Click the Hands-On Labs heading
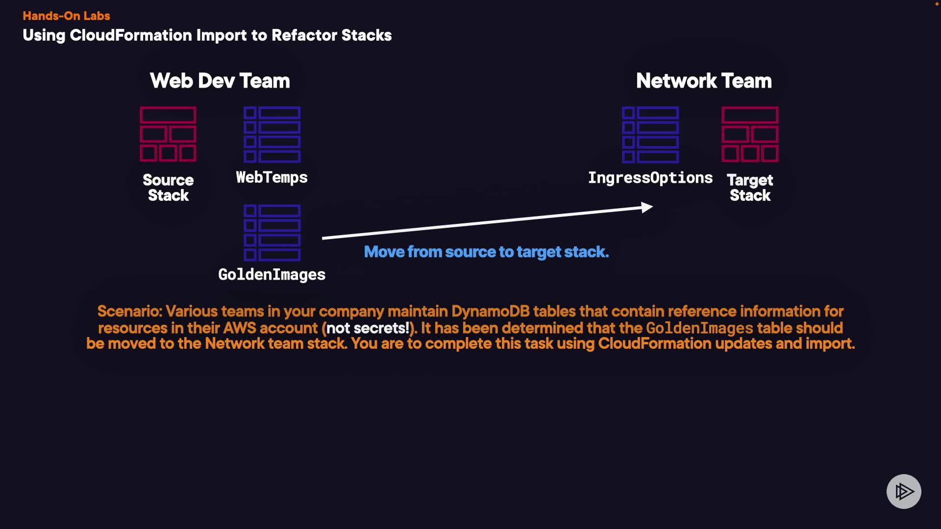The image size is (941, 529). coord(66,16)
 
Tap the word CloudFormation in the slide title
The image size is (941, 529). coord(130,35)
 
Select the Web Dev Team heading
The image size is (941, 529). coord(220,81)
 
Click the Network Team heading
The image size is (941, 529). coord(703,81)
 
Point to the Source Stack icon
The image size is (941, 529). coord(168,134)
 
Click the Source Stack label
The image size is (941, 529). coord(168,188)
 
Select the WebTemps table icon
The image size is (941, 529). coord(272,134)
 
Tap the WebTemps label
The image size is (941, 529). coord(272,177)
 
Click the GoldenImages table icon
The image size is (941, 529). coord(272,232)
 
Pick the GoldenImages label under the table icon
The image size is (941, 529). coord(272,274)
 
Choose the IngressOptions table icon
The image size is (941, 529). coord(650,134)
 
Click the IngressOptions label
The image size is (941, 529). coord(650,178)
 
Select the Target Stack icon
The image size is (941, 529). coord(750,134)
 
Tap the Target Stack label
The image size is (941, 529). coord(750,188)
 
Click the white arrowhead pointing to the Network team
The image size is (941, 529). coord(647,207)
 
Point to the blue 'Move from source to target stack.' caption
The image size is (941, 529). coord(486,252)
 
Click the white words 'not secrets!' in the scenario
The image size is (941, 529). coord(368,328)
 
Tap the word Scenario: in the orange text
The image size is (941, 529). coord(129,312)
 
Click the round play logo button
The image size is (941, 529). coord(903,491)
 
